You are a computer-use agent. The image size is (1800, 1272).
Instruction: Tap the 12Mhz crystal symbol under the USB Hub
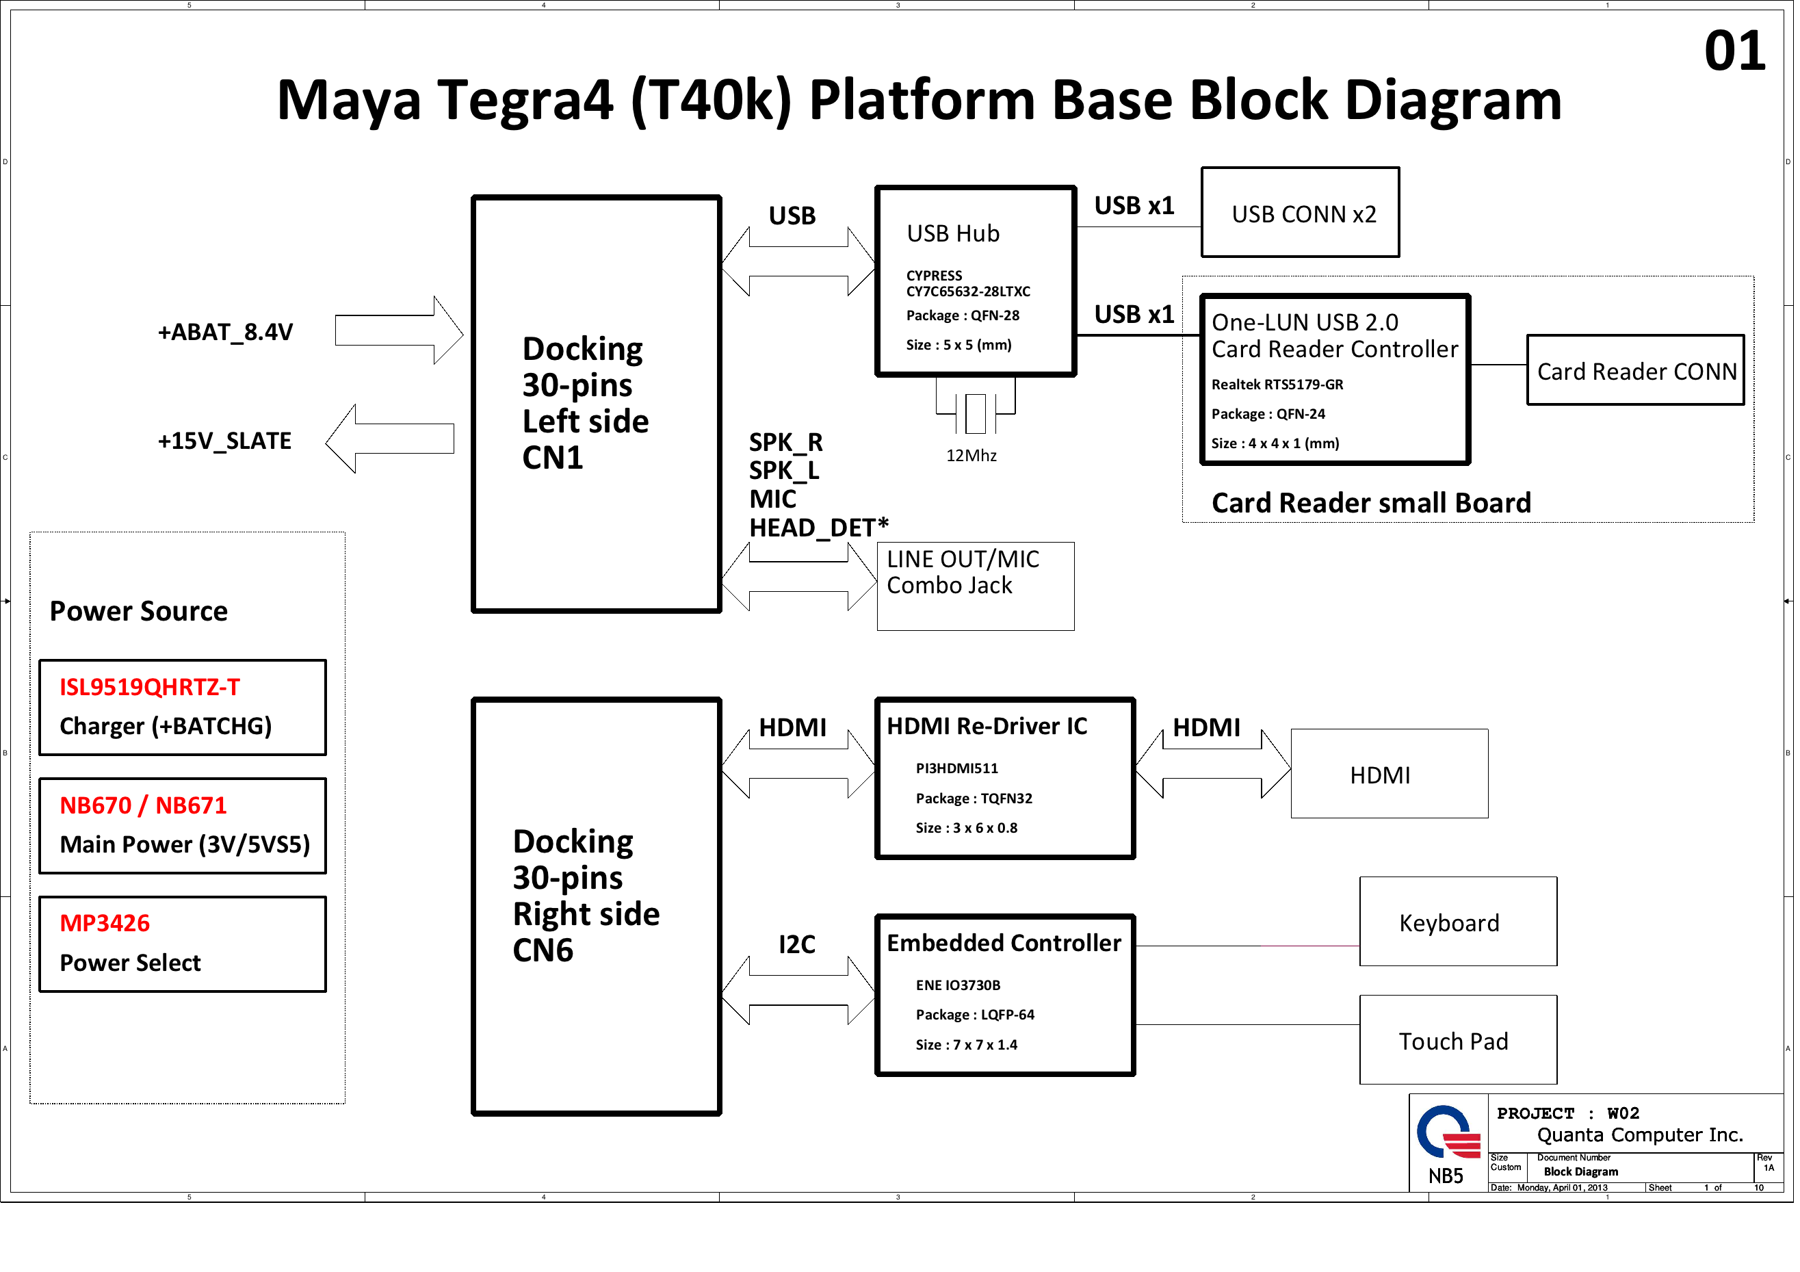tap(976, 413)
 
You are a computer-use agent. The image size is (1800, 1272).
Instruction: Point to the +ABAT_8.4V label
tap(225, 332)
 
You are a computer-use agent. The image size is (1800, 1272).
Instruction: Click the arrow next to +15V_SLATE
tap(390, 439)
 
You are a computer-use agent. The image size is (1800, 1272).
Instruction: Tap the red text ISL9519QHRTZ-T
tap(150, 687)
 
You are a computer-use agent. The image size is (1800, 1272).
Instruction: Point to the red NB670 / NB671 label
tap(144, 805)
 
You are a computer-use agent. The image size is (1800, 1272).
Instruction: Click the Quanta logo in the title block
tap(1447, 1132)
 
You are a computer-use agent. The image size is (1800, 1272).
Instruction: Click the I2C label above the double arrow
tap(796, 944)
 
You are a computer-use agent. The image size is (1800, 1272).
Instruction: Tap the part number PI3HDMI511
tap(956, 768)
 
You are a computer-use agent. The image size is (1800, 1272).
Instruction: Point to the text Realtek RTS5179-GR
tap(1277, 385)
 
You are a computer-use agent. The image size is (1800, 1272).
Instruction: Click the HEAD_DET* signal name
tap(818, 528)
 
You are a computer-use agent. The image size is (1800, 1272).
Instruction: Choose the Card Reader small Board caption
tap(1371, 503)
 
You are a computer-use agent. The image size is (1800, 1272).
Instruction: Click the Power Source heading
tap(139, 611)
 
